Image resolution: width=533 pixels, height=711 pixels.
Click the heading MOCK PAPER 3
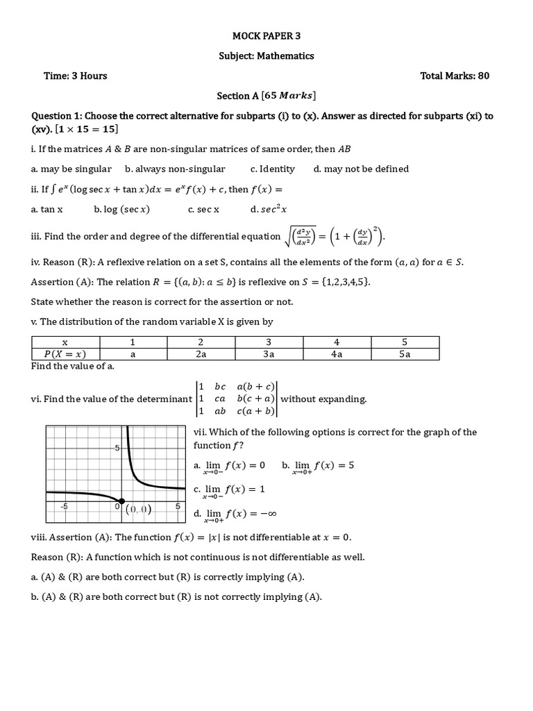click(x=266, y=35)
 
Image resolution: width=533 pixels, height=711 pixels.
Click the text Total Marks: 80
click(x=455, y=76)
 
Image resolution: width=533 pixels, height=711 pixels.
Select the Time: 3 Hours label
click(x=76, y=76)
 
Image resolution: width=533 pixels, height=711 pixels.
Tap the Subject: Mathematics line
click(x=266, y=56)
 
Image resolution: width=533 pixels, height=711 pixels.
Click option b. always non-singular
click(x=175, y=169)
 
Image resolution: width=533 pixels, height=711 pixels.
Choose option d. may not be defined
click(x=361, y=169)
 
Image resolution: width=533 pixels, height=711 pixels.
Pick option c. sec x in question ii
click(x=203, y=209)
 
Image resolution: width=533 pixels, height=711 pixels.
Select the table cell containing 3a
click(x=269, y=354)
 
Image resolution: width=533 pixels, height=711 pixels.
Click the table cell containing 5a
click(x=405, y=354)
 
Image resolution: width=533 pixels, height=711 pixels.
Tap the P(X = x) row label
click(x=66, y=354)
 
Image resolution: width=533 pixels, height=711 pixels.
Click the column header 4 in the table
click(x=337, y=342)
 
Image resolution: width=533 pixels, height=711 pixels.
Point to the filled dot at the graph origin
click(x=122, y=501)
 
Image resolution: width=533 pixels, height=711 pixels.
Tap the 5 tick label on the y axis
click(x=117, y=448)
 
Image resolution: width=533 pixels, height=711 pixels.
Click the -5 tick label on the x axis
click(x=64, y=507)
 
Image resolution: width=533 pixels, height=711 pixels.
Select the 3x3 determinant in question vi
click(x=236, y=399)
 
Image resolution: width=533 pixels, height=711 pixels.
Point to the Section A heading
click(x=266, y=96)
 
